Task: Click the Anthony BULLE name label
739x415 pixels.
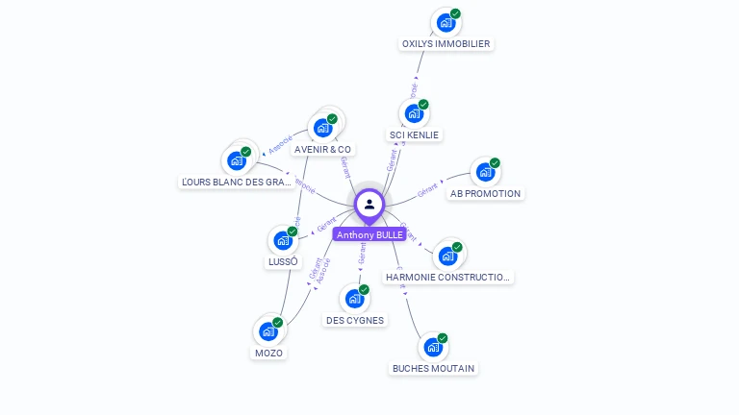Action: pos(369,234)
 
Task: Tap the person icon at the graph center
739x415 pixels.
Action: pos(369,204)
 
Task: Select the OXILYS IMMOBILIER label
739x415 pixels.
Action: pos(446,44)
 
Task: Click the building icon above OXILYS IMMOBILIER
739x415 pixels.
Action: pos(446,22)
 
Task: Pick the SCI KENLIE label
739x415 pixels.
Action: pos(414,135)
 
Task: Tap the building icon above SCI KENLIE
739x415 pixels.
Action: pos(414,113)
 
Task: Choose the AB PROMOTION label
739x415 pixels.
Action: pos(485,193)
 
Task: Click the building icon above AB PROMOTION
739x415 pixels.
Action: pos(485,172)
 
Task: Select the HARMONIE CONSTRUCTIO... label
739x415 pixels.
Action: pos(447,278)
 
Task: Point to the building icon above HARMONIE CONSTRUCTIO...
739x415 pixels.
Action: pos(447,256)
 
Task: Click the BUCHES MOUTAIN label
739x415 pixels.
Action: pos(433,368)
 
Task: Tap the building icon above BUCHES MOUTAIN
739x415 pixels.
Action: pos(433,347)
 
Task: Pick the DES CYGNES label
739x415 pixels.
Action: pos(354,320)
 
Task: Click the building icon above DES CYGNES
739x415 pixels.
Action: pos(354,299)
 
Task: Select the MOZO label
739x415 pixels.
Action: pos(268,353)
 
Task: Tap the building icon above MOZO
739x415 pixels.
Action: pos(268,331)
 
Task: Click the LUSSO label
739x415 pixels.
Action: pos(283,261)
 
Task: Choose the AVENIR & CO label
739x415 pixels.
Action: pos(323,149)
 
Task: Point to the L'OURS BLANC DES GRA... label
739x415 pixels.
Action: pos(237,182)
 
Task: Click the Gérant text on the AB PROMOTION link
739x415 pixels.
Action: pos(427,190)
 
